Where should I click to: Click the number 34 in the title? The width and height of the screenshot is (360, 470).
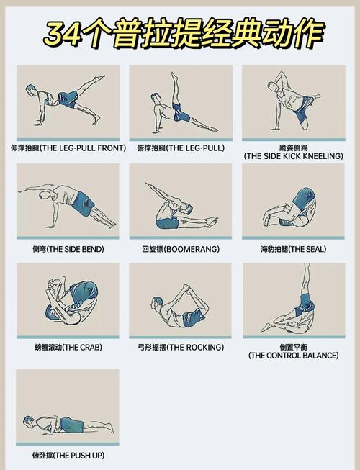pos(63,34)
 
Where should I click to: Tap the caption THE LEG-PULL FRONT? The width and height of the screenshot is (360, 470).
pos(83,148)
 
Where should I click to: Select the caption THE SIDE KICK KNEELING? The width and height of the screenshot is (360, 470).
pos(294,156)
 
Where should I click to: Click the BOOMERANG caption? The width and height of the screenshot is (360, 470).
pos(192,249)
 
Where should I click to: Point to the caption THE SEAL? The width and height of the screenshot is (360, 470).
pos(306,249)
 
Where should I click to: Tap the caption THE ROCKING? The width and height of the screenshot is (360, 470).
pos(195,348)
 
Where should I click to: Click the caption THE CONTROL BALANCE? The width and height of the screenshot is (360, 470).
pos(294,356)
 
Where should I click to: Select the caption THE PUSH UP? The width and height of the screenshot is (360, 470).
pos(78,456)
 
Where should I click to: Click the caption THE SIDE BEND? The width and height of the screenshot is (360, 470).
pos(76,249)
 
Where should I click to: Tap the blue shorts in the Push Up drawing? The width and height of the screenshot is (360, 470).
pos(72,425)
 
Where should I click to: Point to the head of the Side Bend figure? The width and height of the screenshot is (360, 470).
pos(45,195)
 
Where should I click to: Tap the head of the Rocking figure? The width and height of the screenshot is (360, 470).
pos(157,302)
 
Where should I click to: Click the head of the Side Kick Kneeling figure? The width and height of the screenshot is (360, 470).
pos(272,86)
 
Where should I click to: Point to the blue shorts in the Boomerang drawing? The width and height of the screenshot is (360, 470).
pos(167,224)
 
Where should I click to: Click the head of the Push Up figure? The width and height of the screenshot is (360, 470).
pos(29,421)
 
